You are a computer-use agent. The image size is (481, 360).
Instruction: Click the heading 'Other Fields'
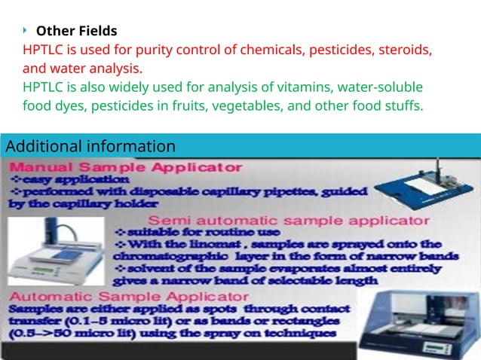click(76, 31)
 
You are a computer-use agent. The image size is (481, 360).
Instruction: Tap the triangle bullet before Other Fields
click(24, 31)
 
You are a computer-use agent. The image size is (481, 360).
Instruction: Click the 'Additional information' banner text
click(90, 145)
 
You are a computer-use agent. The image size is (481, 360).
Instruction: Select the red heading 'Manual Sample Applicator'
click(126, 166)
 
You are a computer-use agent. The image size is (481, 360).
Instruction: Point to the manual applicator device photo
click(427, 186)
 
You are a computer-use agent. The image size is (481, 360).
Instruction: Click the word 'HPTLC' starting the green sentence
click(44, 87)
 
